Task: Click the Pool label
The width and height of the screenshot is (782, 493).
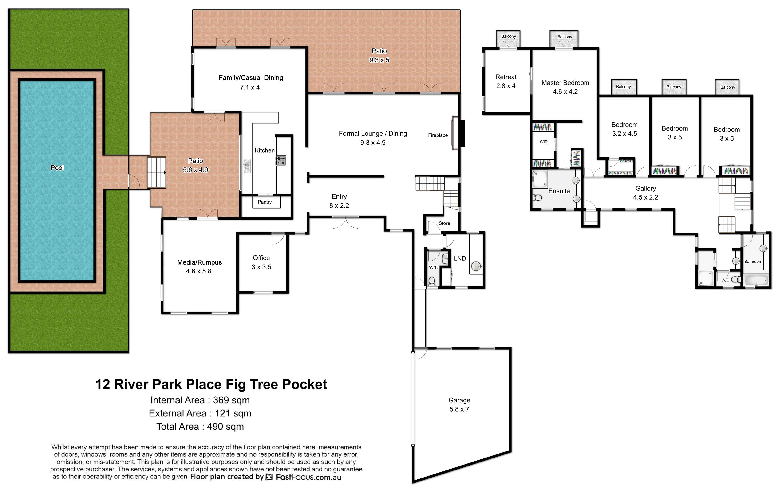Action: (x=57, y=168)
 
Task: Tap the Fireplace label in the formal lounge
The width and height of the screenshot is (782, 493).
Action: (x=438, y=135)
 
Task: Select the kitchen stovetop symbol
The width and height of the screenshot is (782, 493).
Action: (x=281, y=161)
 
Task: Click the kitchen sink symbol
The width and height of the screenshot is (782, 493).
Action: (x=247, y=166)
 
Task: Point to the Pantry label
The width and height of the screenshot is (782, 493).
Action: (x=265, y=202)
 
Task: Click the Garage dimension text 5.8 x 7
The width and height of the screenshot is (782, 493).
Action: (x=459, y=409)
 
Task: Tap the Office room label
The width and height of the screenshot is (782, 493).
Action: (x=261, y=258)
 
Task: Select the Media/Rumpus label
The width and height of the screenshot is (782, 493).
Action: (x=199, y=262)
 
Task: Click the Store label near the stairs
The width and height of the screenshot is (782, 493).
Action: (x=444, y=223)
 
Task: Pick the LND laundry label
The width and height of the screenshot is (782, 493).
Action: (x=460, y=258)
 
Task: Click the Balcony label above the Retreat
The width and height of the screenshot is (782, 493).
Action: (x=509, y=36)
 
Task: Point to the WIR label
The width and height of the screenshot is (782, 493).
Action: (x=544, y=142)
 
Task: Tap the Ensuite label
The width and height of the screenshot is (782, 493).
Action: (x=559, y=191)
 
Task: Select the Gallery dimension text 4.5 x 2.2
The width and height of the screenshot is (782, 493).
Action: (x=646, y=197)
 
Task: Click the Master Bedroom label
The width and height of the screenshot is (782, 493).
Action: (x=565, y=83)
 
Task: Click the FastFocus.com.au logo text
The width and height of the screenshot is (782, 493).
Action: (x=308, y=477)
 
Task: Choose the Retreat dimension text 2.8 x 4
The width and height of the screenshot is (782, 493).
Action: (x=506, y=86)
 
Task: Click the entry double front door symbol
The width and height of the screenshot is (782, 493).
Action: (x=346, y=223)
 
